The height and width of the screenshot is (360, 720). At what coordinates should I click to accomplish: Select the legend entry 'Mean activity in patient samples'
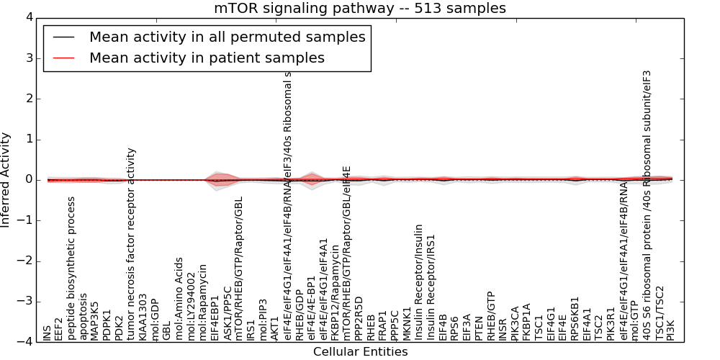[207, 58]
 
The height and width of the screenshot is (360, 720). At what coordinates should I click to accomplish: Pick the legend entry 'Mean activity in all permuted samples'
[227, 37]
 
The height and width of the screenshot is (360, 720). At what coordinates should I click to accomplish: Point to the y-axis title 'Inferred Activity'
[6, 180]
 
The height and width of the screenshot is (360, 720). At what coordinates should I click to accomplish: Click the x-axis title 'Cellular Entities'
[360, 351]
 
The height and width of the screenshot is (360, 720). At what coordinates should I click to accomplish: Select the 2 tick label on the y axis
[28, 99]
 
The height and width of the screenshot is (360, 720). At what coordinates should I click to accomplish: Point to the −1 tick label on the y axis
[25, 220]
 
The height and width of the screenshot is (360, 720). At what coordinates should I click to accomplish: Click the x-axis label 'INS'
[48, 332]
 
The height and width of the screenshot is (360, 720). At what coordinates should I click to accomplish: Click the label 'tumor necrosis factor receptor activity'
[131, 243]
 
